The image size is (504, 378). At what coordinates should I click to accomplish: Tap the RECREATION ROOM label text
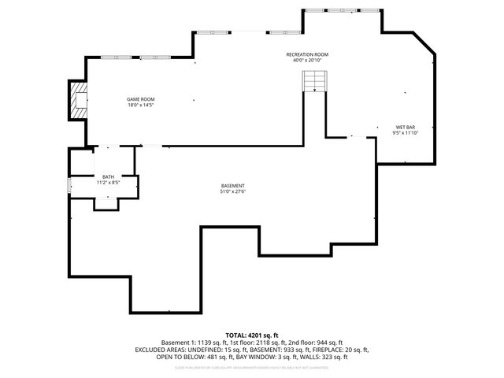coord(307,54)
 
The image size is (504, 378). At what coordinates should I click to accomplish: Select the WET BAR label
coord(406,127)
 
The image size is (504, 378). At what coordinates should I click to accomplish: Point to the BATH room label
coord(108,176)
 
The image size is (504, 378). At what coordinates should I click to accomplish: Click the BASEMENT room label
coord(232,185)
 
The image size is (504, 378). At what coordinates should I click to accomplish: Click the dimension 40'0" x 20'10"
coord(307,61)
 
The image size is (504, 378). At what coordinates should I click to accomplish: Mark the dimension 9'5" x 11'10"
coord(406,133)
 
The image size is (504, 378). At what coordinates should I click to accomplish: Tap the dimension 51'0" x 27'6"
coord(232,191)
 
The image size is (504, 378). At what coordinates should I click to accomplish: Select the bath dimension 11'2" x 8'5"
coord(108,183)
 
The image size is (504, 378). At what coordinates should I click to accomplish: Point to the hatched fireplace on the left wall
coord(78,100)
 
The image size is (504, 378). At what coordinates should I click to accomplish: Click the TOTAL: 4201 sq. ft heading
coord(252,335)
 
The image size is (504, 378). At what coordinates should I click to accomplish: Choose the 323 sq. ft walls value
coord(328,357)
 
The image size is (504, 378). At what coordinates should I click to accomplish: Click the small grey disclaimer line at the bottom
coord(252,367)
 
